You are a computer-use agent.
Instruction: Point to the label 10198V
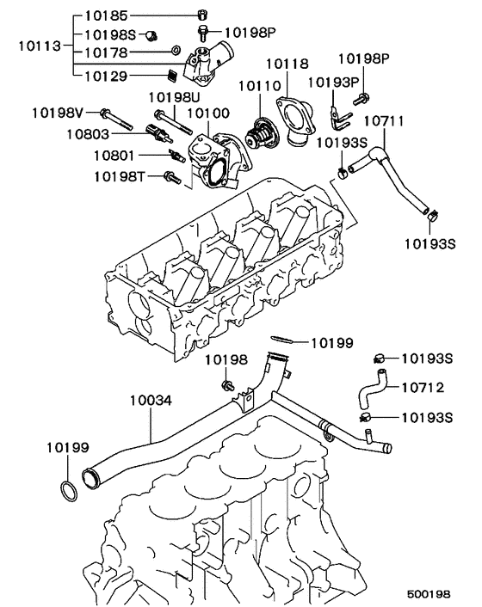tap(59, 112)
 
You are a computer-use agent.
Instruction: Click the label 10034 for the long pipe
tap(151, 400)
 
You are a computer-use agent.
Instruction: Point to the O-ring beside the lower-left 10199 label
tap(67, 492)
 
